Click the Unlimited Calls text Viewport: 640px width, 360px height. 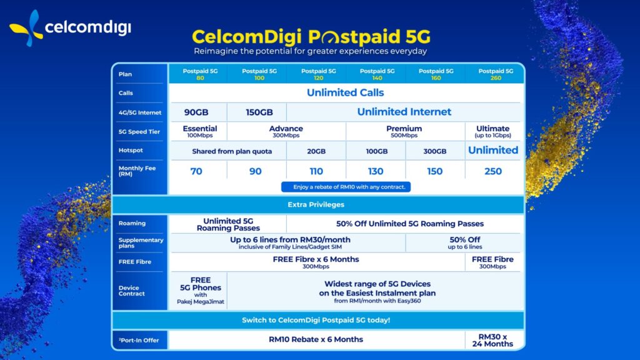345,92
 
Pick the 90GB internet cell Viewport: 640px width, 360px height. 196,112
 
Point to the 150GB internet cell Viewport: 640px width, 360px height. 256,112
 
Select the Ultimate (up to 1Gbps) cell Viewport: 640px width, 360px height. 493,131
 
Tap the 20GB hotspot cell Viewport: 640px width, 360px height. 316,151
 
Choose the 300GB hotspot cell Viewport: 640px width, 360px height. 435,151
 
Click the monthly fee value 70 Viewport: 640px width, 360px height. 196,171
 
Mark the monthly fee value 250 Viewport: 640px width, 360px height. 493,171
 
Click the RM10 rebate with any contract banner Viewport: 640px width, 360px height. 346,187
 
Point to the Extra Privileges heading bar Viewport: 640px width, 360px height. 316,204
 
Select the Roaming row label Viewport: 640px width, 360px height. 132,223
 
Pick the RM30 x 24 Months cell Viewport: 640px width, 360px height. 493,340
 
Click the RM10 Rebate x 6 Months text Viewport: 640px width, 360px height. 316,339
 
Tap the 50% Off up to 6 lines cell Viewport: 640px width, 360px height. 464,242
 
